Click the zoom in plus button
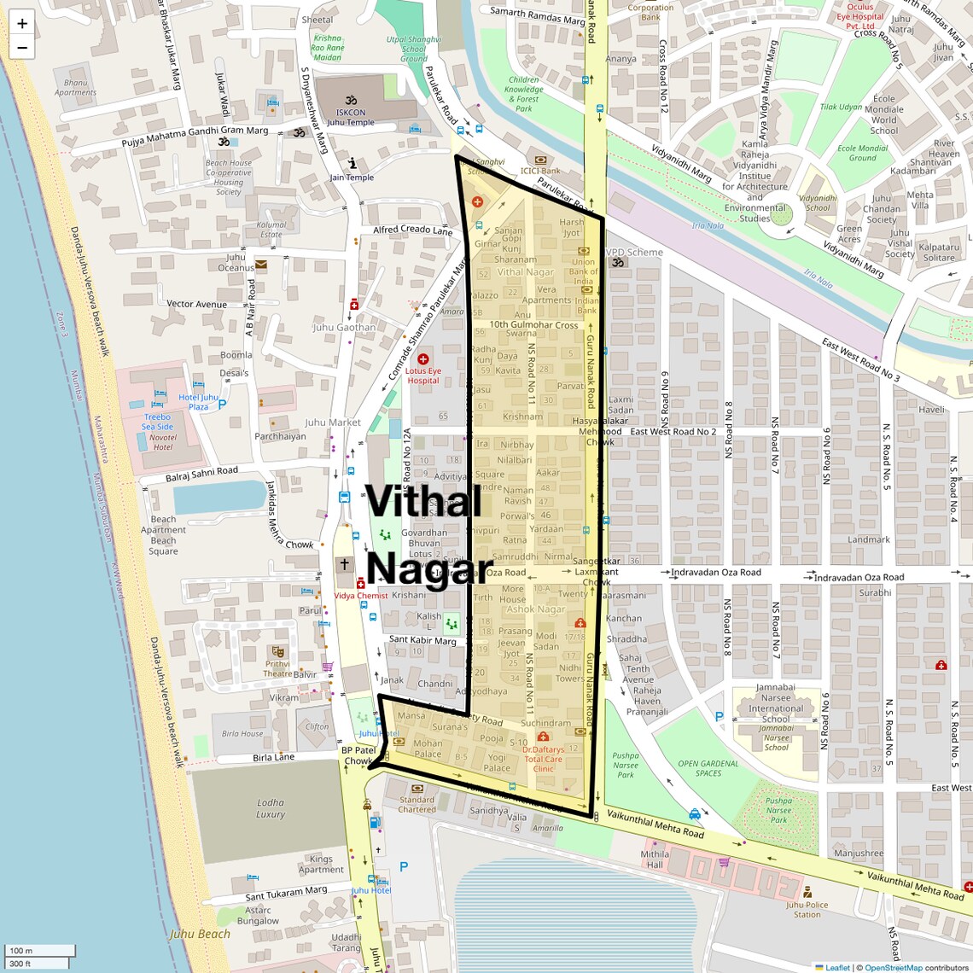click(22, 24)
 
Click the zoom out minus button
click(22, 48)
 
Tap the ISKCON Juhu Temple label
click(350, 117)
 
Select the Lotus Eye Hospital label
click(422, 376)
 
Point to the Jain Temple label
click(352, 178)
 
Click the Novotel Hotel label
click(163, 442)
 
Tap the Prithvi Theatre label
click(277, 668)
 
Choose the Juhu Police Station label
click(807, 909)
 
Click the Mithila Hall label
click(655, 859)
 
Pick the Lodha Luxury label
click(271, 808)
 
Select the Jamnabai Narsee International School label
click(776, 702)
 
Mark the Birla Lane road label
click(273, 757)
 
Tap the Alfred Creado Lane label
click(413, 230)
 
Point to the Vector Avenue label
click(196, 304)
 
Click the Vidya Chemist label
click(360, 596)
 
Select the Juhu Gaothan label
click(344, 327)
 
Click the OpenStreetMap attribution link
click(893, 967)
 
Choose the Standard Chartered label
click(417, 805)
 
